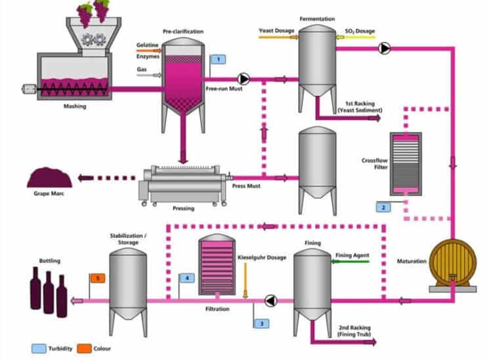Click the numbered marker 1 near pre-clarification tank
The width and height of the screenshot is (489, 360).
(x=217, y=59)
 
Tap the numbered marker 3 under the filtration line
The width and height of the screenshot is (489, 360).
(x=261, y=323)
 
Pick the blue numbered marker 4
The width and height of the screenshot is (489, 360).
(x=188, y=278)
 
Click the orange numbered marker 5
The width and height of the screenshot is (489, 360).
(x=97, y=278)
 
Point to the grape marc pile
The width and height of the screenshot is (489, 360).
(x=48, y=177)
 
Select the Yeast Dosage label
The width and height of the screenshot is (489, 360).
(x=276, y=30)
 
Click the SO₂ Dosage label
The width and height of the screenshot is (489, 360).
(x=360, y=30)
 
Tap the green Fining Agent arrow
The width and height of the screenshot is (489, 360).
(x=351, y=262)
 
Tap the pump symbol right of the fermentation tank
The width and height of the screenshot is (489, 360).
(x=385, y=47)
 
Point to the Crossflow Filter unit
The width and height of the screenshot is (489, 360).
(x=406, y=164)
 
